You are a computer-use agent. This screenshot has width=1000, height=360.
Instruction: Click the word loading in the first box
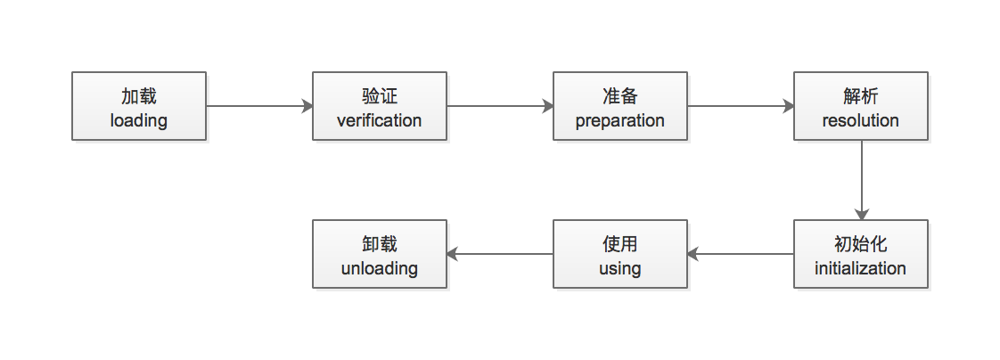tap(138, 120)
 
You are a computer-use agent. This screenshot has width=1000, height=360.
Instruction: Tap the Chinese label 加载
tap(139, 96)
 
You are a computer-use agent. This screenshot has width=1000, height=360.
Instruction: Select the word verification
tap(380, 120)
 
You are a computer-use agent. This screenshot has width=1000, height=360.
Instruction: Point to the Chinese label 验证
tap(380, 96)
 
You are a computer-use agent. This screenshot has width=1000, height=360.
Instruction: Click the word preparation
tap(620, 120)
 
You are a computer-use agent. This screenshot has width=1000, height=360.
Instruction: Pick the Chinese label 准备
tap(620, 96)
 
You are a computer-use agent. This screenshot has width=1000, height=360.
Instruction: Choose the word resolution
tap(860, 120)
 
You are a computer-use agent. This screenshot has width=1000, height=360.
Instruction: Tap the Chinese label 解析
tap(860, 96)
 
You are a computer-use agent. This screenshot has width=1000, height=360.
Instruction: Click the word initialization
tap(860, 268)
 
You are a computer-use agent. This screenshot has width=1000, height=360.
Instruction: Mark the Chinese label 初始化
tap(860, 244)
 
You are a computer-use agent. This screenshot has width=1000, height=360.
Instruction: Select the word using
tap(620, 269)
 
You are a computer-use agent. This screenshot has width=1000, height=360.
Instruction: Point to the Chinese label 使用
tap(620, 244)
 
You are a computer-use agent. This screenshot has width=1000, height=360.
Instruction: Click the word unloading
tap(380, 268)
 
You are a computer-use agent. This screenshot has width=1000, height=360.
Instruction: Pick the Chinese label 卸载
tap(380, 244)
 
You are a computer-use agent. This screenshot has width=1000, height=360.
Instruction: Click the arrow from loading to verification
tap(259, 106)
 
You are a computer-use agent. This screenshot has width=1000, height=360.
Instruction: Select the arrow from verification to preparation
tap(500, 106)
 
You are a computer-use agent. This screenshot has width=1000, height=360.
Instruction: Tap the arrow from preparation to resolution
tap(741, 106)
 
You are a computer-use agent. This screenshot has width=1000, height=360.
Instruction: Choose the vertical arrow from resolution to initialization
tap(862, 180)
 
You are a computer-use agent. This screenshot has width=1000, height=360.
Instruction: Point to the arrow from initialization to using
tap(741, 254)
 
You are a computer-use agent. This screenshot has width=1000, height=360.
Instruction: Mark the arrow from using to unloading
tap(500, 254)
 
